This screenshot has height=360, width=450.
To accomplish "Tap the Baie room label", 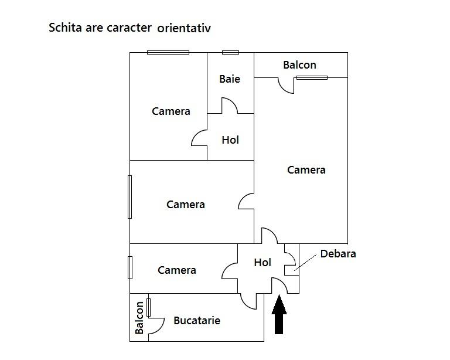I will click(230, 79).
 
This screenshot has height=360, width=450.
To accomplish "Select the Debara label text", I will click(338, 254).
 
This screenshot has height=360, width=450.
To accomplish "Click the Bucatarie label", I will click(197, 320).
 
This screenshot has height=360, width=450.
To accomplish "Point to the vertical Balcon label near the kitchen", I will click(139, 317).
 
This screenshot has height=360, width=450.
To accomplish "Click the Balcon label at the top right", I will click(299, 64).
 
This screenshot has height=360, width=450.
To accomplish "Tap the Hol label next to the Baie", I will click(230, 140).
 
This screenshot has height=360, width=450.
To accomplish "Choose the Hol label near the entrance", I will click(262, 262).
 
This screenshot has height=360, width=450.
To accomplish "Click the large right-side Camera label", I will click(306, 169).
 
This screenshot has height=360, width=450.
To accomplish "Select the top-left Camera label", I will click(171, 111).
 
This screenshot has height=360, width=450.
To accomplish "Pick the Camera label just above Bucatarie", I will click(176, 270).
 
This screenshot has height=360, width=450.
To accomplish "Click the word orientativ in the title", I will click(184, 28).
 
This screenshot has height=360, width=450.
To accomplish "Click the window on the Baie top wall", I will click(230, 52).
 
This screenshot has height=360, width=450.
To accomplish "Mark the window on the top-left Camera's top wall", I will click(168, 52).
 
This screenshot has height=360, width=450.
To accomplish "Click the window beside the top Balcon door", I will click(312, 77).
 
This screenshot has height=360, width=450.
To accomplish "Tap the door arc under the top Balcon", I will click(286, 87).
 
